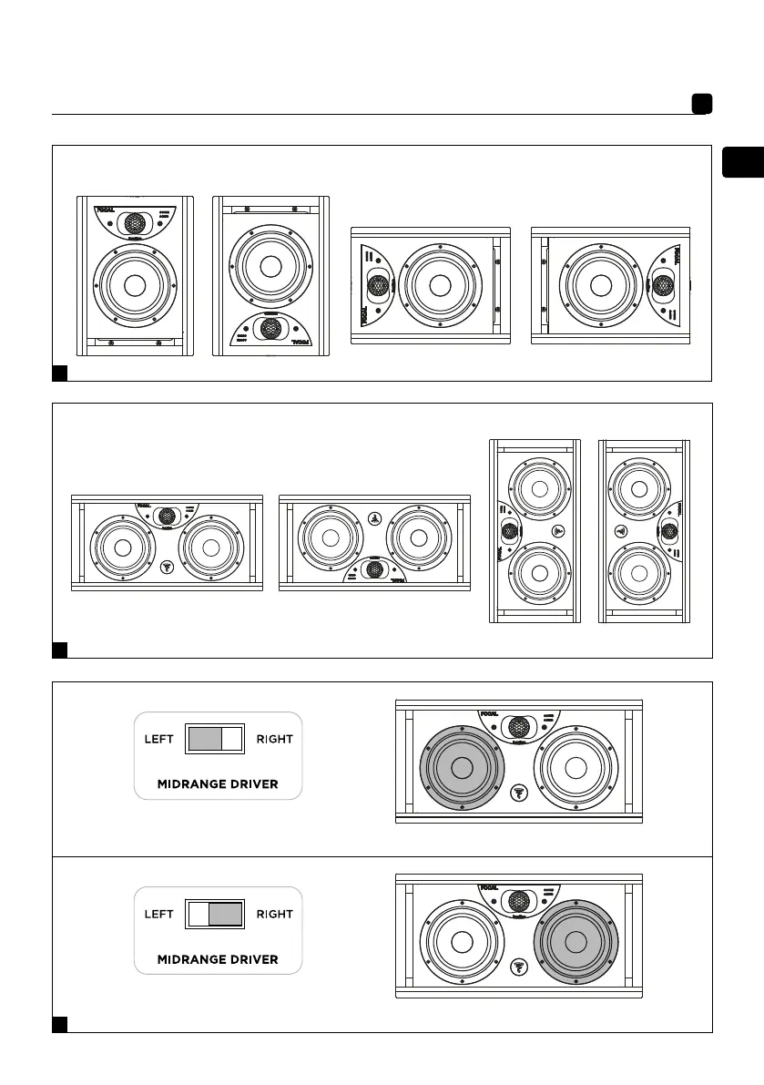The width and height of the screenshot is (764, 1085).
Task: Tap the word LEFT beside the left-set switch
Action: click(160, 739)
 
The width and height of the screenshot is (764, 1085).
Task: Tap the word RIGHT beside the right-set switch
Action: click(274, 914)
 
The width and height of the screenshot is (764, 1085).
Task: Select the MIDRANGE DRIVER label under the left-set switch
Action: click(218, 784)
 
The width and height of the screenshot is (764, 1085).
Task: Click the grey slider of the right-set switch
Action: click(226, 914)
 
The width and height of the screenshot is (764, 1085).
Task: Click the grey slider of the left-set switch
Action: click(204, 739)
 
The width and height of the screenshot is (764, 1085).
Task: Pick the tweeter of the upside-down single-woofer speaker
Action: click(270, 330)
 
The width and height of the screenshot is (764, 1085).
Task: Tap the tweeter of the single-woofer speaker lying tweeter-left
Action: click(377, 284)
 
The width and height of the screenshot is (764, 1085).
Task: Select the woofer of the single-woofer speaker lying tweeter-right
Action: click(599, 284)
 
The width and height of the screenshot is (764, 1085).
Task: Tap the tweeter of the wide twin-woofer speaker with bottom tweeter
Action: click(374, 569)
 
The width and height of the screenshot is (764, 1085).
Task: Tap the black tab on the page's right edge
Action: click(742, 162)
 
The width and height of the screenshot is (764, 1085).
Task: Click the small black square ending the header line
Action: click(700, 105)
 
